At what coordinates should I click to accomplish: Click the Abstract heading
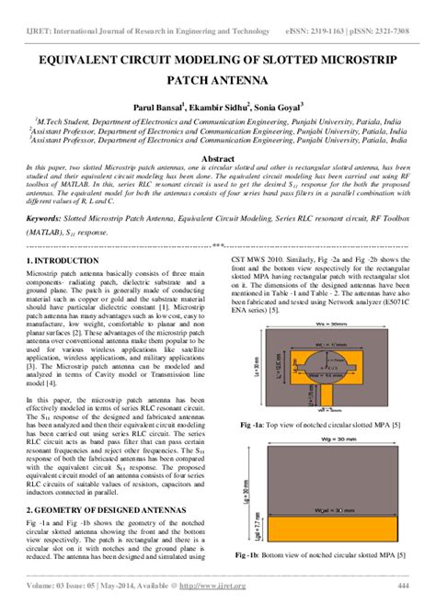[217, 157]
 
